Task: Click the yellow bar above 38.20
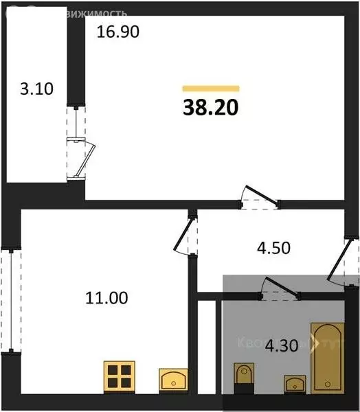[210, 89]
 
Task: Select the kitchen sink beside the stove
[175, 379]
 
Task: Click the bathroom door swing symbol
[280, 289]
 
